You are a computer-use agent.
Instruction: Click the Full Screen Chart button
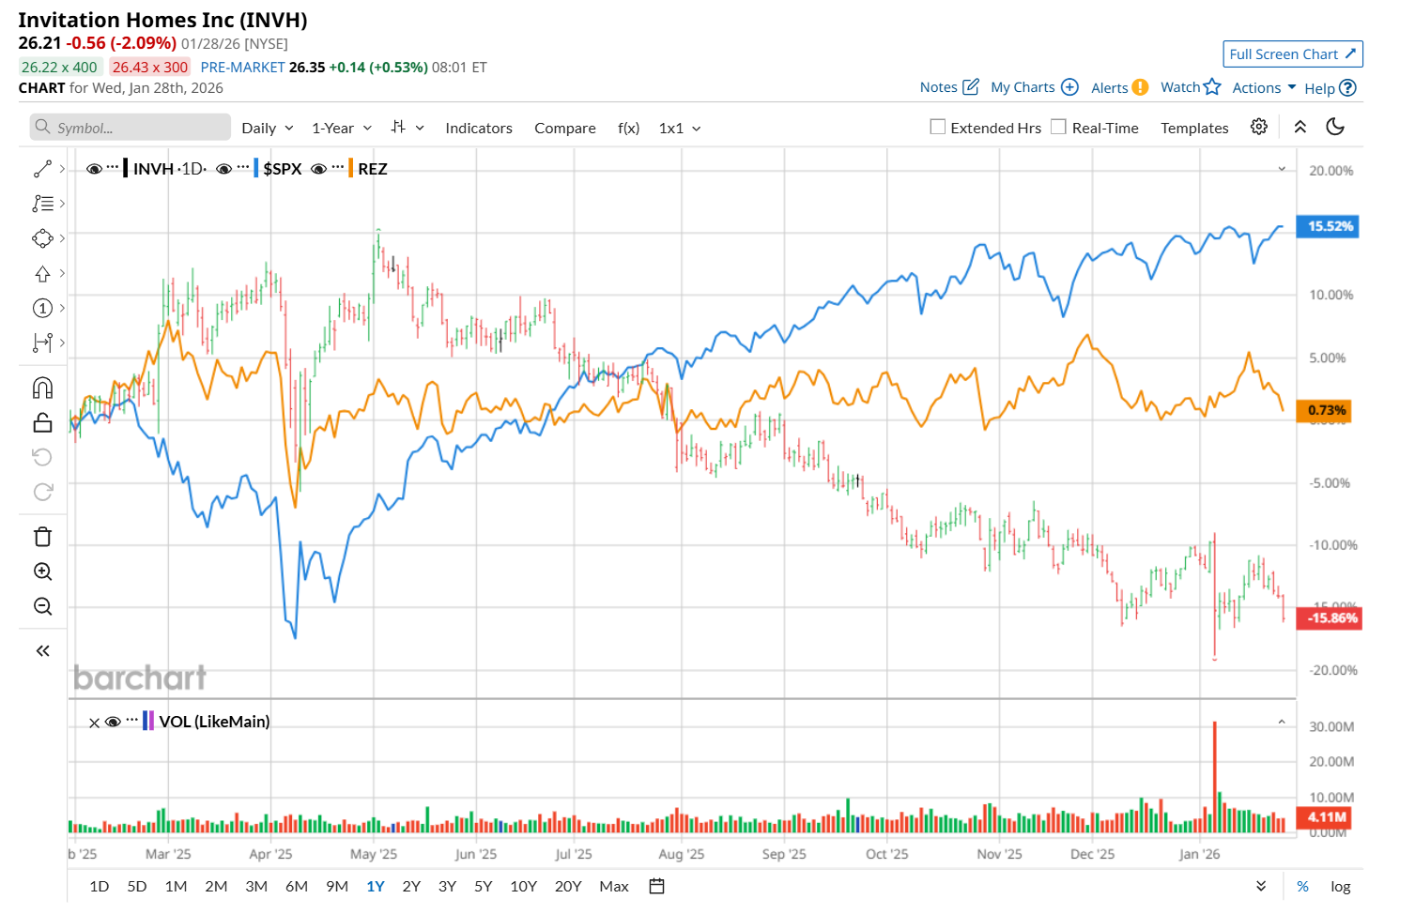[1292, 54]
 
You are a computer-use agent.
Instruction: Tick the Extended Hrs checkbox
[938, 127]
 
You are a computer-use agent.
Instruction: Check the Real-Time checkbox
[1059, 127]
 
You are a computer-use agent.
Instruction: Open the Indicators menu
[479, 129]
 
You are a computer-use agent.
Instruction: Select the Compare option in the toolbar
[565, 129]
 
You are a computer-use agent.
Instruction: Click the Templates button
[1194, 129]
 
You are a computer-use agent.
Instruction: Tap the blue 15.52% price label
[1330, 226]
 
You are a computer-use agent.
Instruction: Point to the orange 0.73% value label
[1327, 410]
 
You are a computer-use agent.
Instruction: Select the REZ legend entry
[372, 169]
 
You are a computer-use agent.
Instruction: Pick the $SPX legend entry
[282, 169]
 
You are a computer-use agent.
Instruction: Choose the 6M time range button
[297, 887]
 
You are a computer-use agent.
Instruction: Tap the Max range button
[614, 887]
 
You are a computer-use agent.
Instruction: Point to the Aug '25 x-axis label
[682, 855]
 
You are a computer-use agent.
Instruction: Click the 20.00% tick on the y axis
[1331, 171]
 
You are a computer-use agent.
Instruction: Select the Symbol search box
[131, 128]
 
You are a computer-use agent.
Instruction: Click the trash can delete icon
[43, 537]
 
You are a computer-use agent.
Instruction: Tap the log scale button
[1341, 887]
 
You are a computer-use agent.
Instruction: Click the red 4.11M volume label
[1328, 817]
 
